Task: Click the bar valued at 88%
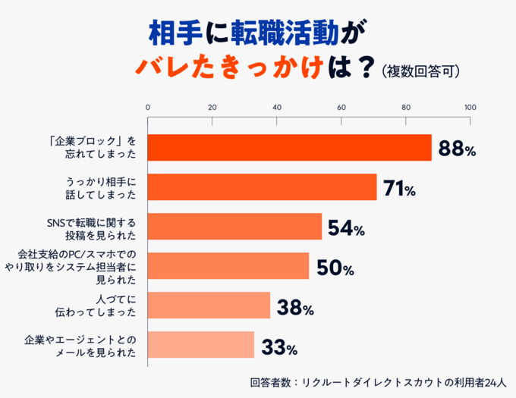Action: [x=288, y=148]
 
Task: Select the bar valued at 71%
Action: [x=261, y=187]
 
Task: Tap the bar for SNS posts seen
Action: [x=234, y=227]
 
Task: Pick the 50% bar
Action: [x=228, y=266]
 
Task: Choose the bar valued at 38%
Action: [x=208, y=306]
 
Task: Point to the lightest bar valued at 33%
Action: [x=200, y=345]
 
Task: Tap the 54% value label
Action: [x=346, y=227]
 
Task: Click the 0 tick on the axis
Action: [x=147, y=107]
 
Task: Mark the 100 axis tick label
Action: [x=470, y=107]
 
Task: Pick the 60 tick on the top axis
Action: [x=341, y=107]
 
